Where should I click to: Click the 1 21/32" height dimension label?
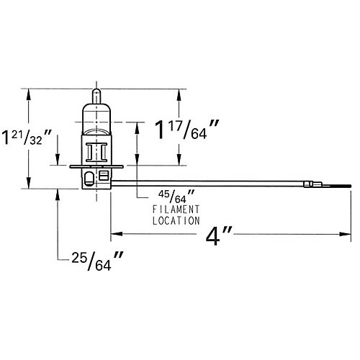pos(27,137)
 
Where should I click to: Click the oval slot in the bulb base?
pos(88,176)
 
